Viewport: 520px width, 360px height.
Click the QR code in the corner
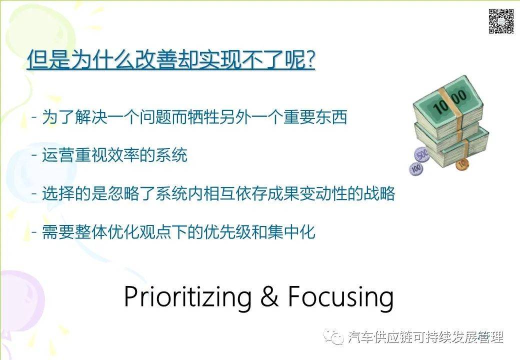tap(501, 21)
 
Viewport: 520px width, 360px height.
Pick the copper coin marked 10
tap(461, 162)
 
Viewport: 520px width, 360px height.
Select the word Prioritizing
tap(187, 297)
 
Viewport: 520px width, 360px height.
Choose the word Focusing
tap(340, 297)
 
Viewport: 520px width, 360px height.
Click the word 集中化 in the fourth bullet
tap(290, 231)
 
